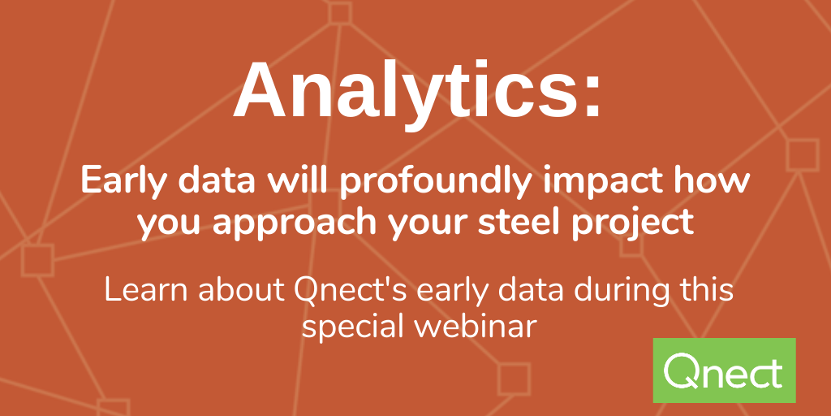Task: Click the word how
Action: (709, 181)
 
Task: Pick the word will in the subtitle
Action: (297, 181)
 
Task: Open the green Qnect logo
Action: (725, 370)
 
